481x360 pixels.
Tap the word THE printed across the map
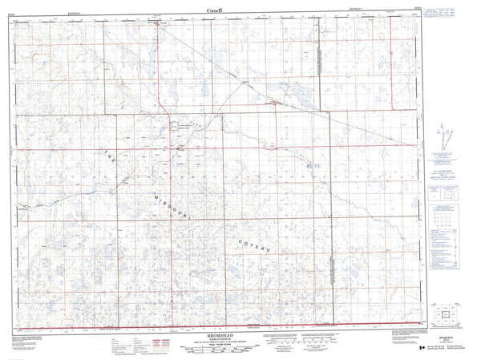coord(111,158)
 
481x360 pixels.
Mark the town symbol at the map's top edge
coord(157,22)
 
